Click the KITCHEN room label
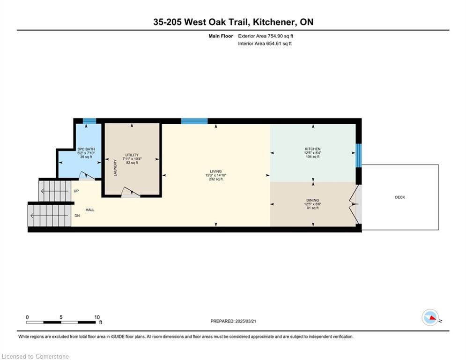(x=313, y=149)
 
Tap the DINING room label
(x=313, y=200)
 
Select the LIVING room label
(x=216, y=172)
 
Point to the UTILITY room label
(x=132, y=155)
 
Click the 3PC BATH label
(x=86, y=149)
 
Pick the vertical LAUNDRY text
(x=115, y=168)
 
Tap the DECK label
(x=400, y=197)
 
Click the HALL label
(x=90, y=210)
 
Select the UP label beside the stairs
(x=76, y=191)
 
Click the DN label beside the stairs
(x=77, y=216)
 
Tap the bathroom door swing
(x=87, y=176)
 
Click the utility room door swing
(x=131, y=192)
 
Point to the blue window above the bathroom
(x=89, y=121)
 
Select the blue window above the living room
(x=194, y=121)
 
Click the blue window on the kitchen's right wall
(x=359, y=155)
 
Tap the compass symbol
(x=430, y=317)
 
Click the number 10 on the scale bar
(x=97, y=317)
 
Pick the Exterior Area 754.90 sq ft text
(x=266, y=36)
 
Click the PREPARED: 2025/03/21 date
(x=233, y=321)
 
